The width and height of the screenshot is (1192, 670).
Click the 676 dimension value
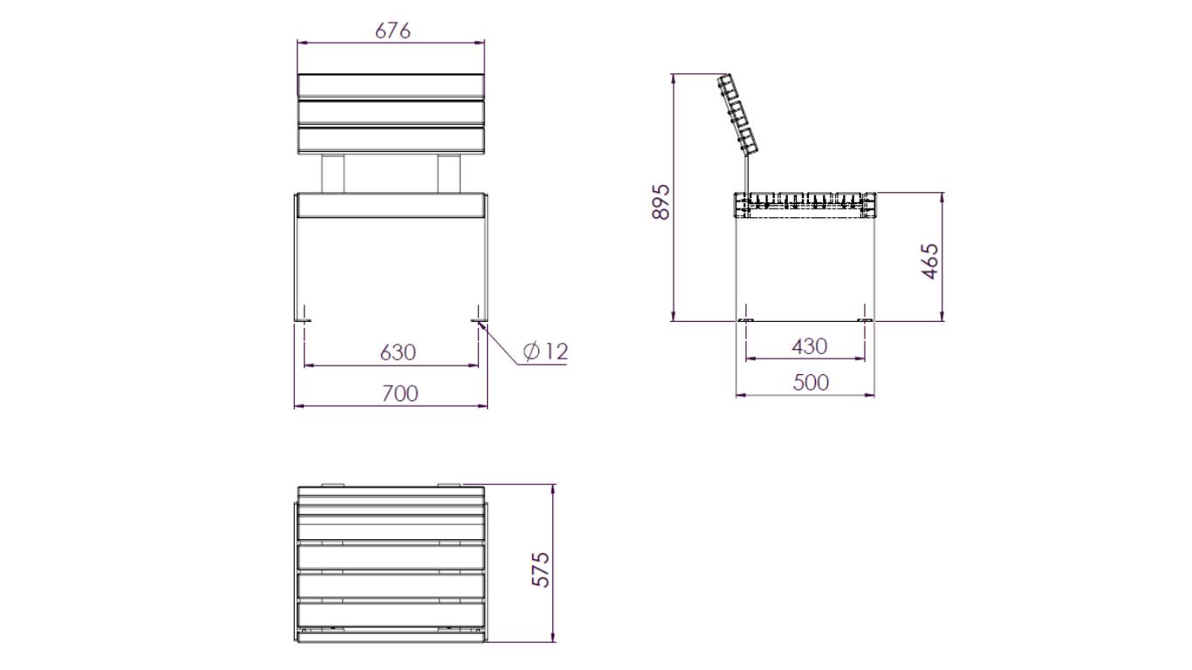coord(393,31)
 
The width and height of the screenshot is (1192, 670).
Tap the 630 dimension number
coord(398,352)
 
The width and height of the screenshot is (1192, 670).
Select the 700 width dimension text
coord(401,393)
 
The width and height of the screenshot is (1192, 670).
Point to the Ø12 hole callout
coord(545,352)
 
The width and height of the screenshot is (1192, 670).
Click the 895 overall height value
coord(661,202)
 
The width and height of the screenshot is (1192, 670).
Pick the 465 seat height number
coord(930,261)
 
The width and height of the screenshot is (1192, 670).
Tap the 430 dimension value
coord(810,346)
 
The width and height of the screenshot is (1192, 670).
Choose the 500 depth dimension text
coord(811,383)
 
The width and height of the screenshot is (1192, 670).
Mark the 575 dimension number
coord(541,570)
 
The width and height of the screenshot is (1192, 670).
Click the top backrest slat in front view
coord(391,85)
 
